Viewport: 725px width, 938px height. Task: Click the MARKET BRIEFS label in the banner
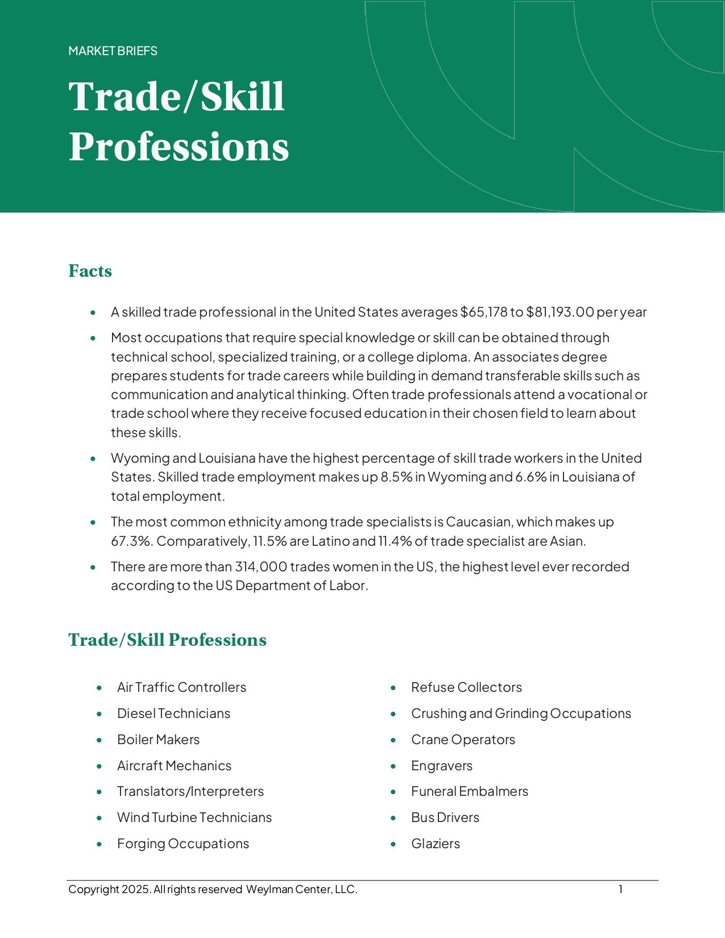pyautogui.click(x=113, y=51)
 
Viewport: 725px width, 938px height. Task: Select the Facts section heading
pyautogui.click(x=90, y=271)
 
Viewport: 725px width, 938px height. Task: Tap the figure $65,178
pyautogui.click(x=483, y=312)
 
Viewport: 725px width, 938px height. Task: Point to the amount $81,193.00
pyautogui.click(x=560, y=312)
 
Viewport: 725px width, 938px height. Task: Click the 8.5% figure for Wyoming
pyautogui.click(x=396, y=477)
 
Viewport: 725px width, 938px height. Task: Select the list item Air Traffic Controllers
pyautogui.click(x=181, y=687)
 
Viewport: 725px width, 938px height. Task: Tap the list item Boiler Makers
pyautogui.click(x=158, y=740)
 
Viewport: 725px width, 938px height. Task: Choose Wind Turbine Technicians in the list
pyautogui.click(x=194, y=817)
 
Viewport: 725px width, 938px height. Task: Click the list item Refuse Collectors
pyautogui.click(x=466, y=687)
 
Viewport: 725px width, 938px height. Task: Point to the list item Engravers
pyautogui.click(x=442, y=766)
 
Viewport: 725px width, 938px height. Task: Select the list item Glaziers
pyautogui.click(x=436, y=844)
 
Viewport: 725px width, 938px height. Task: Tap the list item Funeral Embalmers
pyautogui.click(x=470, y=791)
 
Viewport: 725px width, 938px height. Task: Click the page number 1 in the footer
pyautogui.click(x=621, y=889)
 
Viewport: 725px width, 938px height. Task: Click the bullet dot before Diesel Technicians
pyautogui.click(x=100, y=713)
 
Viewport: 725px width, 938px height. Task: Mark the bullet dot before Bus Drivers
pyautogui.click(x=393, y=817)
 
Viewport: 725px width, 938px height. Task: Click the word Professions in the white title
pyautogui.click(x=179, y=147)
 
